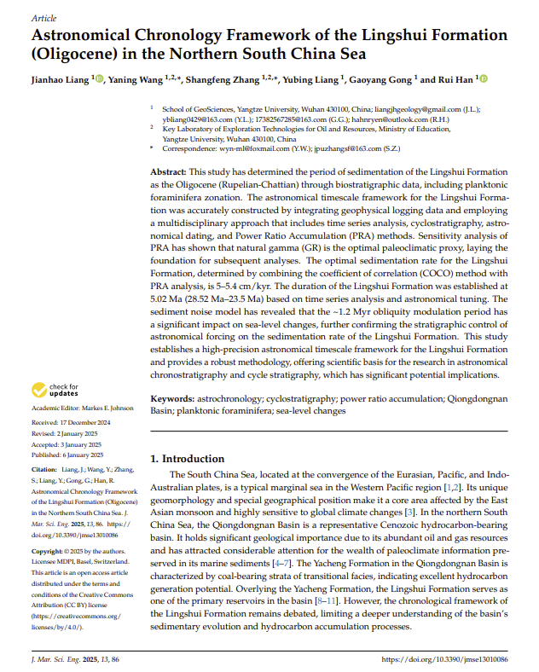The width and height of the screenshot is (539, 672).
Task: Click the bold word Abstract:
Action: click(168, 171)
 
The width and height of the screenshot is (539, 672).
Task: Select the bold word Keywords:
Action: click(172, 398)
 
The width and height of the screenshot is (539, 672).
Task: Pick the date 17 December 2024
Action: click(88, 423)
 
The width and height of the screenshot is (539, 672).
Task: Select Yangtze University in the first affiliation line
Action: click(261, 109)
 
